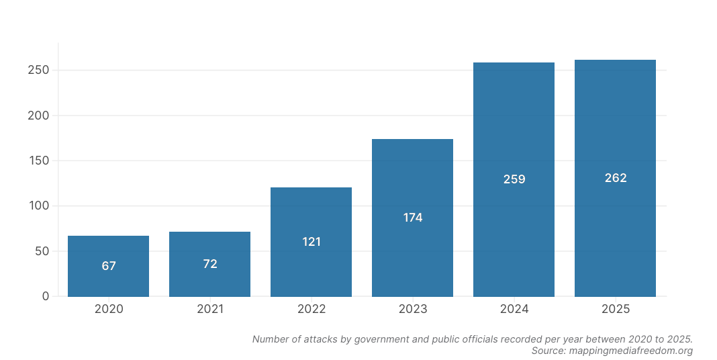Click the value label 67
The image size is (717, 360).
[109, 266]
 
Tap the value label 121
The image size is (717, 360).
[312, 242]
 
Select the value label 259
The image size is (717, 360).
[514, 179]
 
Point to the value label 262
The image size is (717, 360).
[616, 178]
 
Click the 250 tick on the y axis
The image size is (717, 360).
[38, 71]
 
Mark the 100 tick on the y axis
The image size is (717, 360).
[38, 206]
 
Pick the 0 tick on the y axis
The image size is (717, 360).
[46, 296]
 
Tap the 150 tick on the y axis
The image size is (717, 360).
[38, 161]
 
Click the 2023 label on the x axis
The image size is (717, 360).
[412, 309]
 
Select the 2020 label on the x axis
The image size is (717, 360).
[108, 309]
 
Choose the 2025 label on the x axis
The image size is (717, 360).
[615, 309]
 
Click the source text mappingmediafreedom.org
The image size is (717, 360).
[631, 351]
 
